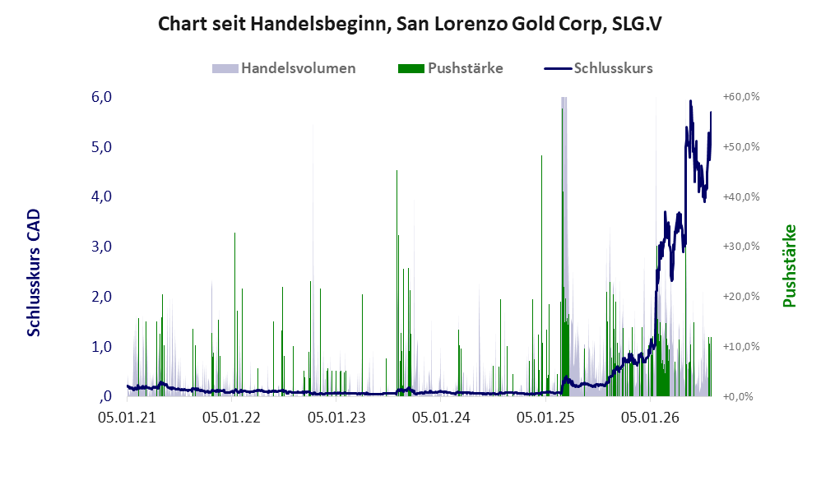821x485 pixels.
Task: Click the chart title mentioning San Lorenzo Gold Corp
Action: tap(410, 24)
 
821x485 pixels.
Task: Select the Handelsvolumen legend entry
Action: tap(284, 68)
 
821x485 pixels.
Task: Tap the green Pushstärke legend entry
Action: tap(450, 68)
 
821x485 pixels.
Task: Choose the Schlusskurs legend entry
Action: tap(598, 68)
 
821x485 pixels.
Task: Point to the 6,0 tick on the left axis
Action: tap(101, 97)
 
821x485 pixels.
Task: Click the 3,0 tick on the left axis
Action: tap(101, 247)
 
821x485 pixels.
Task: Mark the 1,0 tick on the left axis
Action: tap(101, 346)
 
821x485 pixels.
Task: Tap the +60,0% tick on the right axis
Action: tap(741, 97)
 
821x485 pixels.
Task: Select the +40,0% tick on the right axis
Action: tap(741, 196)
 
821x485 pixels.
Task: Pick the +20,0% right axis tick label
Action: tap(741, 297)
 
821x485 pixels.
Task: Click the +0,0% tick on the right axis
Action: tap(738, 396)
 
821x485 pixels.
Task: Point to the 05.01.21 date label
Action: tap(128, 418)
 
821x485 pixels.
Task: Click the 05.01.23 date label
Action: tap(336, 418)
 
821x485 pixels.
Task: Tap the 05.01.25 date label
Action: tap(545, 418)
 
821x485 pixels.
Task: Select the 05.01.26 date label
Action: tap(650, 418)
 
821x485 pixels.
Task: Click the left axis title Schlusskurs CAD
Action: tap(34, 273)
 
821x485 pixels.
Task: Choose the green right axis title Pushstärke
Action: tap(789, 266)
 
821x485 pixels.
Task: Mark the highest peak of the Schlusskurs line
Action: tap(691, 101)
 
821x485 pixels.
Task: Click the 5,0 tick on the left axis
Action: tap(101, 147)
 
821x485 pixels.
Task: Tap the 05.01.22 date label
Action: tap(231, 418)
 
